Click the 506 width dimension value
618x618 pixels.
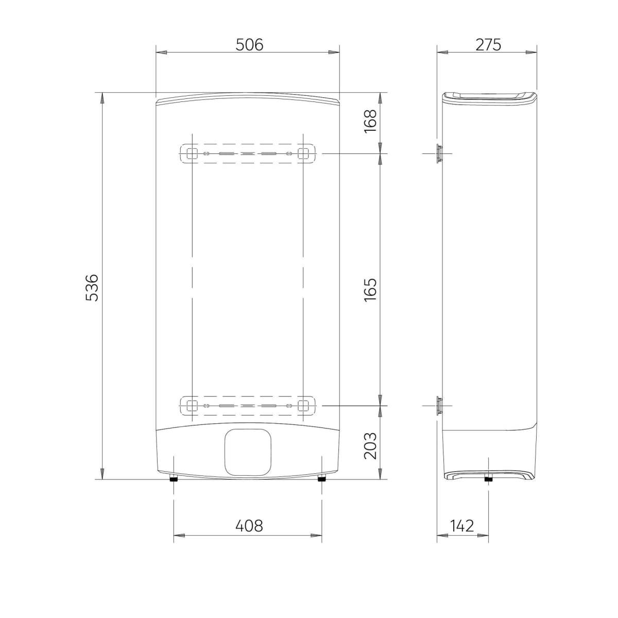pos(249,45)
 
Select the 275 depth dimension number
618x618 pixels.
pos(488,45)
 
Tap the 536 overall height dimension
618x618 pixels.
pos(92,287)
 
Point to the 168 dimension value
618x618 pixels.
pos(370,121)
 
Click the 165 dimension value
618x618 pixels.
pos(370,289)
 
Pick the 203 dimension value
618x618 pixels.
pos(370,446)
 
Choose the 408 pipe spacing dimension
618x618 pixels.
pos(249,526)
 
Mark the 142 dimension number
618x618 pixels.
pos(462,526)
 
